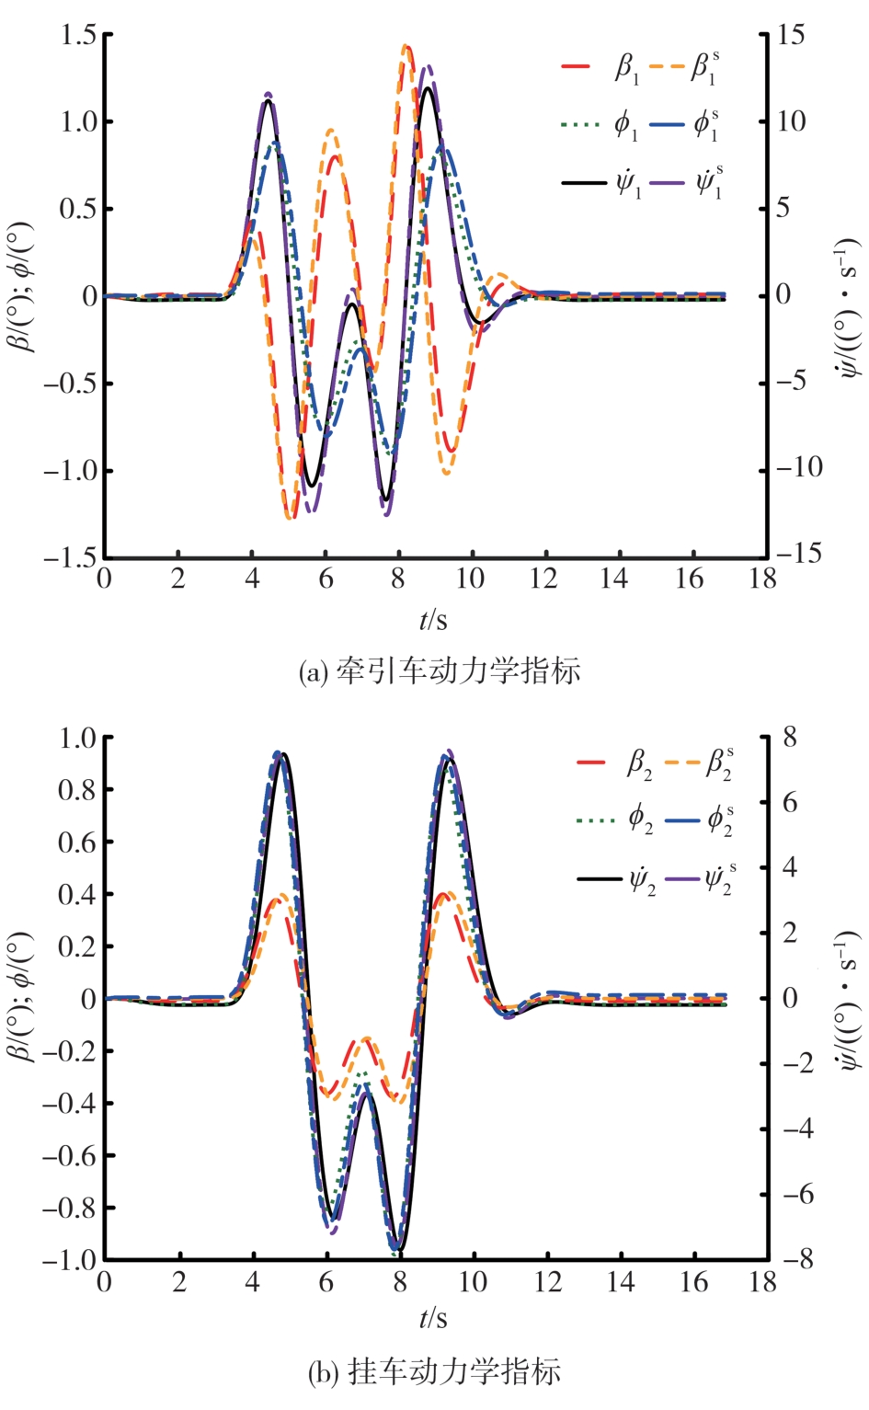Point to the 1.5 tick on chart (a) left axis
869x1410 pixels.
[x=78, y=35]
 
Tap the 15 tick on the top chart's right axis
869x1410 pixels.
[x=789, y=35]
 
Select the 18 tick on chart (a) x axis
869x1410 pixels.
[x=762, y=579]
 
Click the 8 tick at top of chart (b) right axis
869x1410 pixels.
[x=790, y=737]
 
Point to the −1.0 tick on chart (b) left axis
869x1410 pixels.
[x=69, y=1259]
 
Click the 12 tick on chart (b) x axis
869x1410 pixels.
[x=546, y=1282]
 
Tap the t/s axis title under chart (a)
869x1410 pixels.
[x=433, y=621]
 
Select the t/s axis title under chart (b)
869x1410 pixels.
[x=433, y=1319]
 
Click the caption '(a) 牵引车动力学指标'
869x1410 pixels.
[x=440, y=671]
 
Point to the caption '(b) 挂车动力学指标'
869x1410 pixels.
[x=434, y=1372]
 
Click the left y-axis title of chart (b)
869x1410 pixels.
[x=21, y=998]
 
